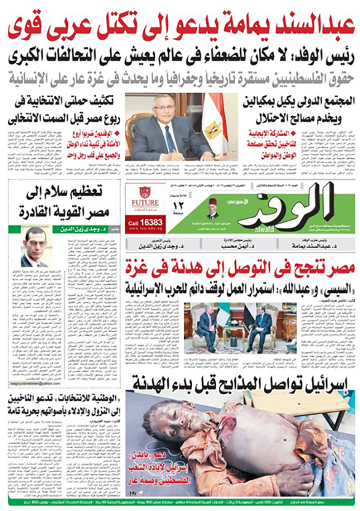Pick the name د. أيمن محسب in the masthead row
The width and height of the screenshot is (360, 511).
pyautogui.click(x=224, y=242)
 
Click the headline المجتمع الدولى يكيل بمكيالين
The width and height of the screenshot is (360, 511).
pyautogui.click(x=295, y=103)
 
